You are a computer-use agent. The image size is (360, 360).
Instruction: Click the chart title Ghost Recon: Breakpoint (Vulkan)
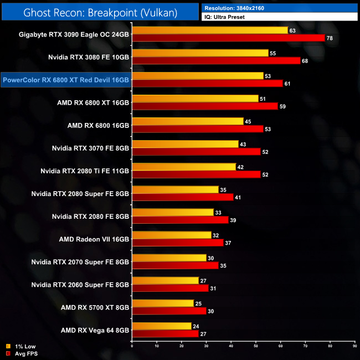[100, 12]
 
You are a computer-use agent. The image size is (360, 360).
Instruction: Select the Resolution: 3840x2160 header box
[280, 8]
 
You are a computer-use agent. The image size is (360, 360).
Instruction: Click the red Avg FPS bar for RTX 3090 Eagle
[228, 38]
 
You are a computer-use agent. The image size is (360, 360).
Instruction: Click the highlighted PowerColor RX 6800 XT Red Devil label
[66, 80]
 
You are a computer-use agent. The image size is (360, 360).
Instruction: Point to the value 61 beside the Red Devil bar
[287, 84]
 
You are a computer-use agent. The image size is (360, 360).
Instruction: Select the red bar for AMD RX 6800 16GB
[198, 129]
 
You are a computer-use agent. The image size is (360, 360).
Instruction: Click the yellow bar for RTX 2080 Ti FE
[184, 166]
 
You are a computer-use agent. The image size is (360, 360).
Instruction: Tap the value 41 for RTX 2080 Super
[237, 197]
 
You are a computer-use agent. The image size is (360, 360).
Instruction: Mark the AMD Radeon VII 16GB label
[94, 239]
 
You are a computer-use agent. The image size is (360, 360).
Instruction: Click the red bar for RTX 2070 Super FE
[175, 265]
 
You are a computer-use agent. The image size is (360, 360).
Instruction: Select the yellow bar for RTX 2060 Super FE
[165, 280]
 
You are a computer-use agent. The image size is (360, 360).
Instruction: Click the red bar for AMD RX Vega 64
[165, 333]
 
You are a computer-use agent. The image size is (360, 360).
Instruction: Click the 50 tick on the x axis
[256, 347]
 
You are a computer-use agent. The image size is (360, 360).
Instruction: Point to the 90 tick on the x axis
[354, 347]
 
